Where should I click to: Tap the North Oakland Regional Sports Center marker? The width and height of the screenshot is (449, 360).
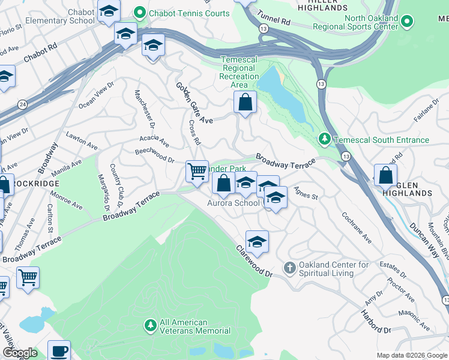tap(406, 23)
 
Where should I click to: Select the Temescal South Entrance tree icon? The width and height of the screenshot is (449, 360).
tap(325, 140)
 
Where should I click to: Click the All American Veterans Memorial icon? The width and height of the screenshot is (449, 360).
tap(150, 326)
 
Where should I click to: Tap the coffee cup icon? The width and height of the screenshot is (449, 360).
tap(59, 350)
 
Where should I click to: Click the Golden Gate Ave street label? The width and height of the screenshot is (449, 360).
tap(194, 103)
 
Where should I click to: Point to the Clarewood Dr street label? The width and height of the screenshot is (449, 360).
tap(254, 260)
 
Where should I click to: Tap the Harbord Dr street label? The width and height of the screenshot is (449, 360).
tap(376, 320)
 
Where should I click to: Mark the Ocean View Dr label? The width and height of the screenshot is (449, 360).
tap(96, 95)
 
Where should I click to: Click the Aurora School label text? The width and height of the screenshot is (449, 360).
tap(233, 203)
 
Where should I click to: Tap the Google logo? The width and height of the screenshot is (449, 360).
tap(20, 353)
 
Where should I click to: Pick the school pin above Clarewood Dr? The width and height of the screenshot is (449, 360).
tap(257, 241)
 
